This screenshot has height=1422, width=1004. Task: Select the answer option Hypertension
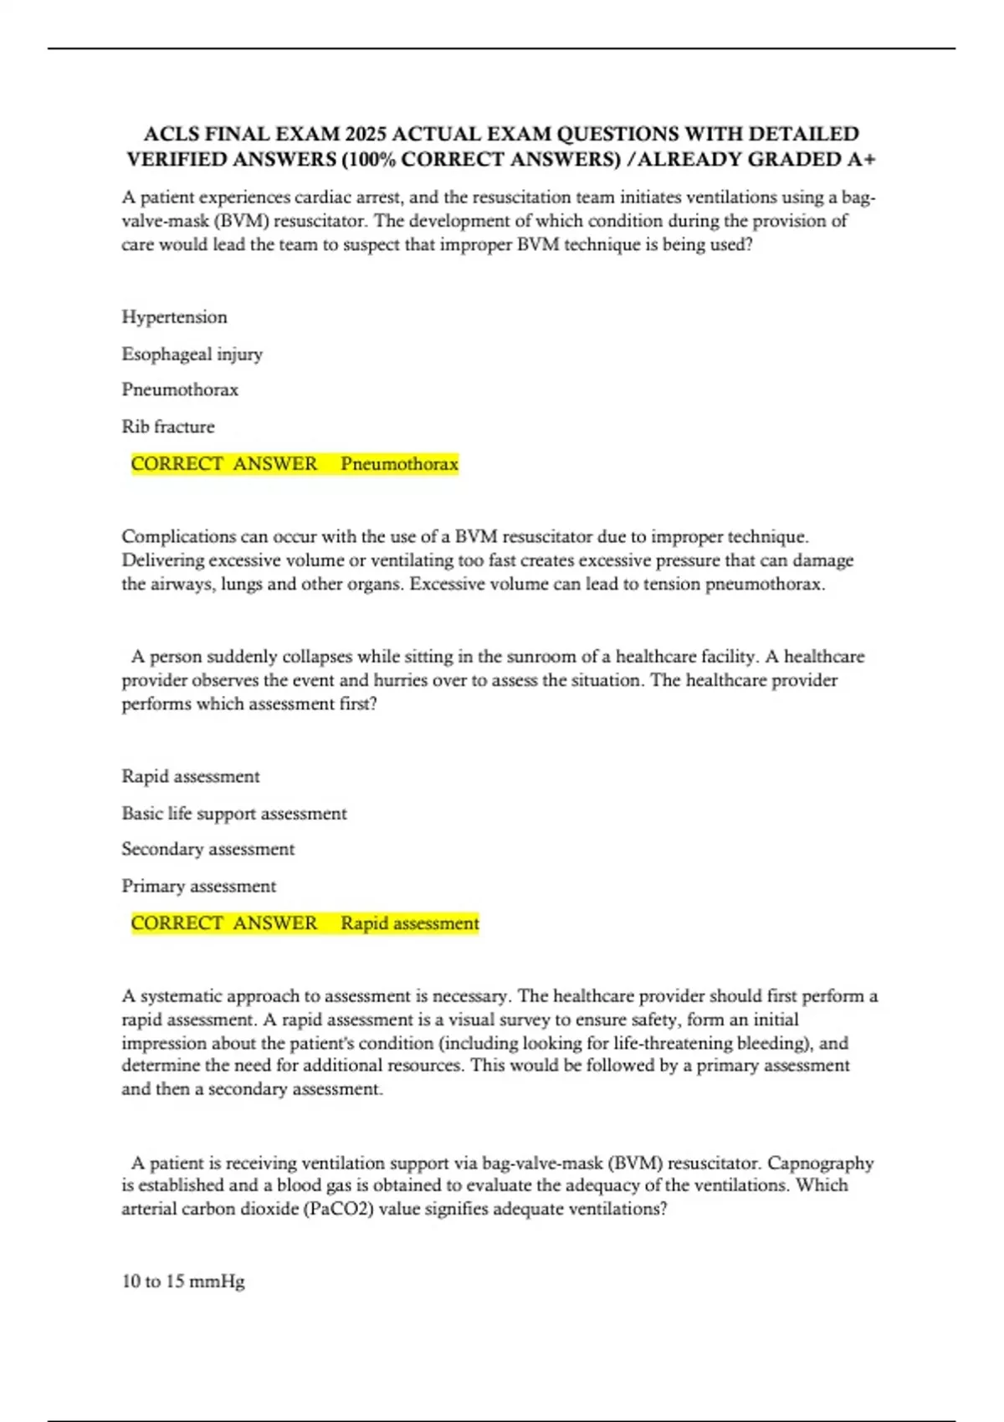click(x=174, y=317)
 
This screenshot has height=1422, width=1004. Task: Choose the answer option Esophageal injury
click(x=192, y=354)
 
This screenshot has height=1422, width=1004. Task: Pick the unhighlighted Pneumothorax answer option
click(x=180, y=390)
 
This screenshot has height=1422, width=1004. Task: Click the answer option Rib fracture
click(x=168, y=427)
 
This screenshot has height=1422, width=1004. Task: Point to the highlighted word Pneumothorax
click(x=399, y=464)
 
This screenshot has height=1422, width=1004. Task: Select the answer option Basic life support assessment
click(x=234, y=813)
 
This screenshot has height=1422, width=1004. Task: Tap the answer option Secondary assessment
click(x=208, y=849)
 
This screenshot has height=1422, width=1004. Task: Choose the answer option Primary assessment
click(x=198, y=886)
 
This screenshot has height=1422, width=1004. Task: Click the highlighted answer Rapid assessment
click(x=409, y=923)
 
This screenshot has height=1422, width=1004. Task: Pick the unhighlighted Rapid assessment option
click(x=191, y=776)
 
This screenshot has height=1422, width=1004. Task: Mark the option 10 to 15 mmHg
click(x=183, y=1281)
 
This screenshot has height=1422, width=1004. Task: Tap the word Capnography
click(x=820, y=1163)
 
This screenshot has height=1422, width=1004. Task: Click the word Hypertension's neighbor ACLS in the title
click(x=171, y=134)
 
